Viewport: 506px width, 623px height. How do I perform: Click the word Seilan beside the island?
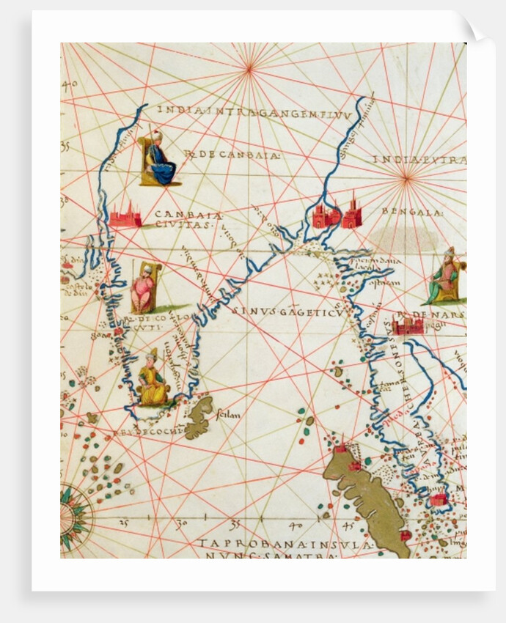[x=229, y=416]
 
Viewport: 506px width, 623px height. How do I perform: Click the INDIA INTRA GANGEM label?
[x=253, y=110]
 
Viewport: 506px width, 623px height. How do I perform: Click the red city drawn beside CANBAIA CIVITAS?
[x=125, y=215]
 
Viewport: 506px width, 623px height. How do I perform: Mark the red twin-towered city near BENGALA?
[x=337, y=213]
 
